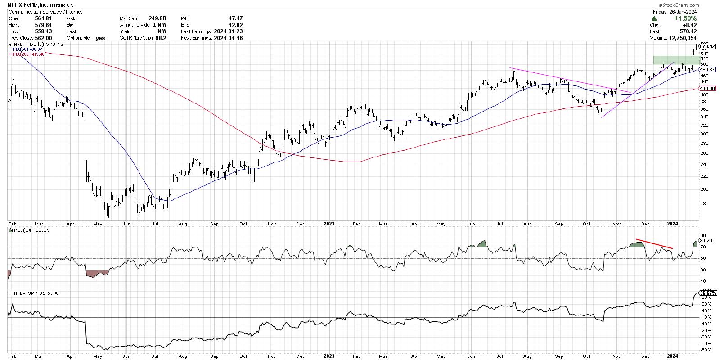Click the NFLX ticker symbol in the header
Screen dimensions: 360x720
click(15, 5)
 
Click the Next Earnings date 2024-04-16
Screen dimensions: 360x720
click(228, 38)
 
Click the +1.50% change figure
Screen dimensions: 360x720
click(686, 18)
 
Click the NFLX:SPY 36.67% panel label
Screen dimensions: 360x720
click(35, 293)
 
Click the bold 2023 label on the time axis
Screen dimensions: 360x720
click(329, 223)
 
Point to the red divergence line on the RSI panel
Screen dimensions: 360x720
click(654, 244)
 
